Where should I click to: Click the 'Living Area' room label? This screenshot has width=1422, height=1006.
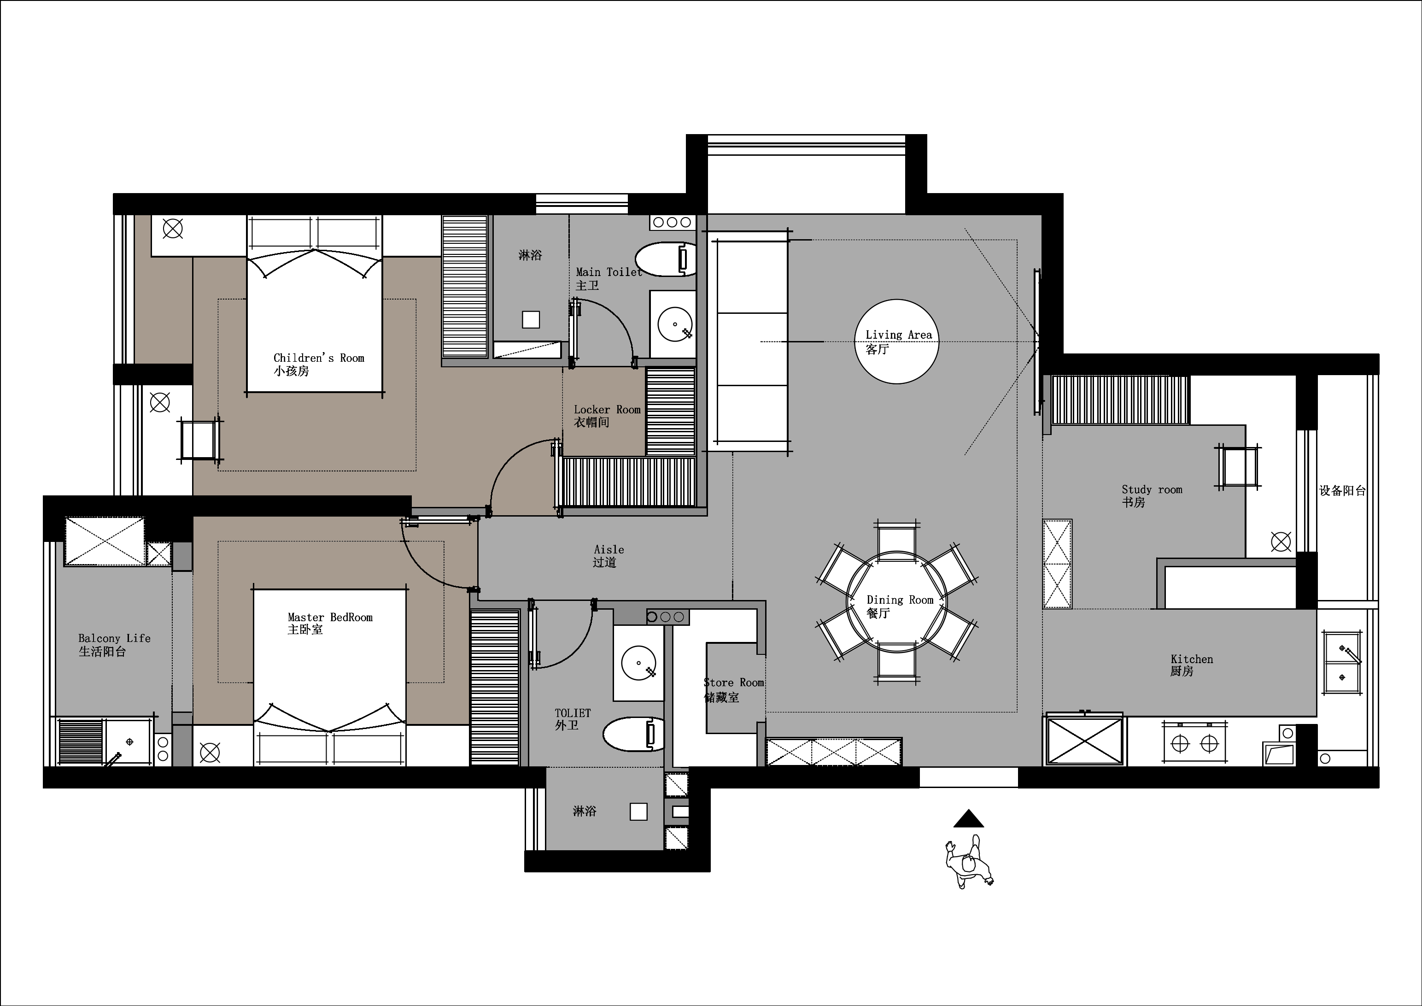(x=899, y=335)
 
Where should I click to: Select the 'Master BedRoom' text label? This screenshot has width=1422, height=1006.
(x=330, y=617)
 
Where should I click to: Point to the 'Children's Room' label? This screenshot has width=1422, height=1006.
(x=319, y=358)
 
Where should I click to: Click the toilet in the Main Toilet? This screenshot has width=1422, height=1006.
(x=665, y=259)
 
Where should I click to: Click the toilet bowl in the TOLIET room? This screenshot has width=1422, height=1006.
(x=633, y=734)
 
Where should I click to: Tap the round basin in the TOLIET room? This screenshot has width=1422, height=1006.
(x=638, y=663)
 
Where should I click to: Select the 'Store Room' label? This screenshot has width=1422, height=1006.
(x=734, y=682)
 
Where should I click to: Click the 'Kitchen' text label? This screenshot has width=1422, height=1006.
(x=1192, y=659)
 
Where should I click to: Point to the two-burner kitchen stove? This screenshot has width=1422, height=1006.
(x=1195, y=742)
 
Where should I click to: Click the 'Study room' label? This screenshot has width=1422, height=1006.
(x=1152, y=489)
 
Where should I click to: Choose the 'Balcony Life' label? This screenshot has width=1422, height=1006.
(x=115, y=638)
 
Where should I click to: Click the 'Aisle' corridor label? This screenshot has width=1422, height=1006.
(x=609, y=549)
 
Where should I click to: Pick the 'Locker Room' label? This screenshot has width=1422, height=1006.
(x=607, y=410)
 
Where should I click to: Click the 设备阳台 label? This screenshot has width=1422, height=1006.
(x=1342, y=491)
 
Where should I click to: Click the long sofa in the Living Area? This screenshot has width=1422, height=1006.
(x=749, y=342)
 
